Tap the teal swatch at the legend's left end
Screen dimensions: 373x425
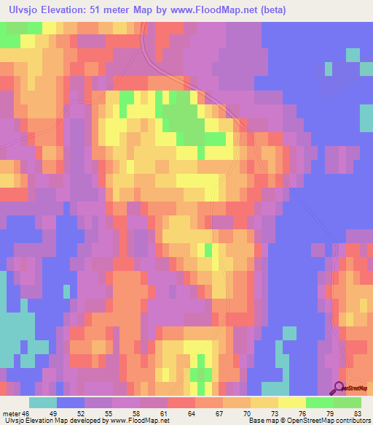43,402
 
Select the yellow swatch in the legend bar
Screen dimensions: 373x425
292,402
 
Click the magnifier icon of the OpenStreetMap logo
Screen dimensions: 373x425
339,389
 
